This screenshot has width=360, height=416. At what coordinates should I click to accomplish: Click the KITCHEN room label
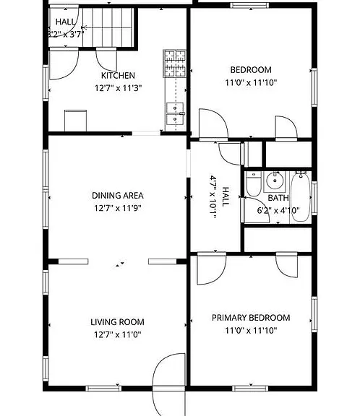click(118, 75)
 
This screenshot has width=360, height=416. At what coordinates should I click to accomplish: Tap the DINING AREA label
click(118, 196)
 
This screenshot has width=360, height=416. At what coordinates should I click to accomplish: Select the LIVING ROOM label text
click(117, 322)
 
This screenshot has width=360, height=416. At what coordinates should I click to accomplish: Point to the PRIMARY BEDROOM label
click(251, 318)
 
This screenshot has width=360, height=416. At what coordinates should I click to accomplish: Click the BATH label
click(278, 198)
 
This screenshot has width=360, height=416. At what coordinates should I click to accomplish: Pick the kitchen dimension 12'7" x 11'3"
click(118, 88)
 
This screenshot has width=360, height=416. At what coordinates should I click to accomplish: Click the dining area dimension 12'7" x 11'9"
click(118, 208)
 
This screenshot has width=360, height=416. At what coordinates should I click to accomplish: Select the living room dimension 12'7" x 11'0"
click(118, 334)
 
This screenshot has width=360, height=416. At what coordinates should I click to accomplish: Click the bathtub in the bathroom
click(300, 196)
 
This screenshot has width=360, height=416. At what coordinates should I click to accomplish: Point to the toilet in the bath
click(254, 183)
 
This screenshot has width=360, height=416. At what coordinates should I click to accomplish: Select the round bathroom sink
click(275, 181)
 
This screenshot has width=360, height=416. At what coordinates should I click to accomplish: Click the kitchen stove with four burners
click(175, 64)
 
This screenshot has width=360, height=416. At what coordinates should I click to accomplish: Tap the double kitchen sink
click(175, 113)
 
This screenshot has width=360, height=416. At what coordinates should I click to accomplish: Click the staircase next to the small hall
click(108, 27)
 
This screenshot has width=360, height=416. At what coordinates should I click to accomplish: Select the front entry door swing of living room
click(169, 385)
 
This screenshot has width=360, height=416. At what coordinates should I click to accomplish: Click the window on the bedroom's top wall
click(249, 5)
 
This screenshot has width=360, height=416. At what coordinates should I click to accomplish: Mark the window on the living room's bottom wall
click(103, 389)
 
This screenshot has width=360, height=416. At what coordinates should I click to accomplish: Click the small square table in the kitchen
click(75, 121)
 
